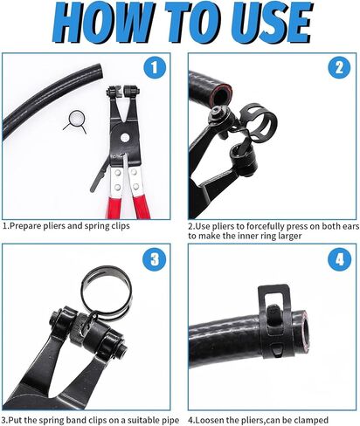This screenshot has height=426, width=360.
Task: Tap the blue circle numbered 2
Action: [336, 67]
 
